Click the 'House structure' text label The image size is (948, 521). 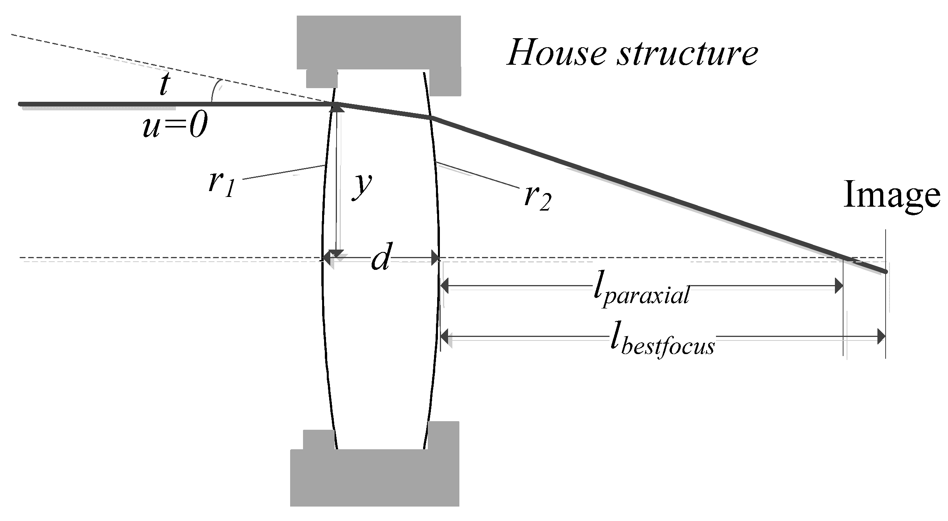click(632, 51)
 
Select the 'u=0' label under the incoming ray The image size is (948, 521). click(174, 127)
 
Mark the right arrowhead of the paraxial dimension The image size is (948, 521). click(838, 286)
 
